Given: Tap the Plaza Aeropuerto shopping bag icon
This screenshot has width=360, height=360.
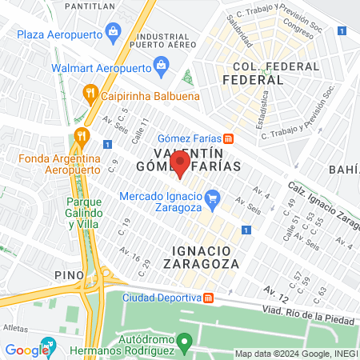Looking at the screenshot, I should coord(113,33).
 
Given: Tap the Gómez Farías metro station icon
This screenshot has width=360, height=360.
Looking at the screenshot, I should coord(228,137).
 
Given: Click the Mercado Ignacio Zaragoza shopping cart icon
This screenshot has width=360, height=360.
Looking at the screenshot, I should coord(212,197).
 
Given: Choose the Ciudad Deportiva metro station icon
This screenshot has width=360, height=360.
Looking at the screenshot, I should coord(208,298).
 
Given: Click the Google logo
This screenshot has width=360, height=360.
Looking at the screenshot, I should coord(26,350).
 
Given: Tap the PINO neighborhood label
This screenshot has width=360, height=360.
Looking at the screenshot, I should coord(70,274).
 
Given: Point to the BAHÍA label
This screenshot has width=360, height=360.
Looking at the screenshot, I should coord(345,169).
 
